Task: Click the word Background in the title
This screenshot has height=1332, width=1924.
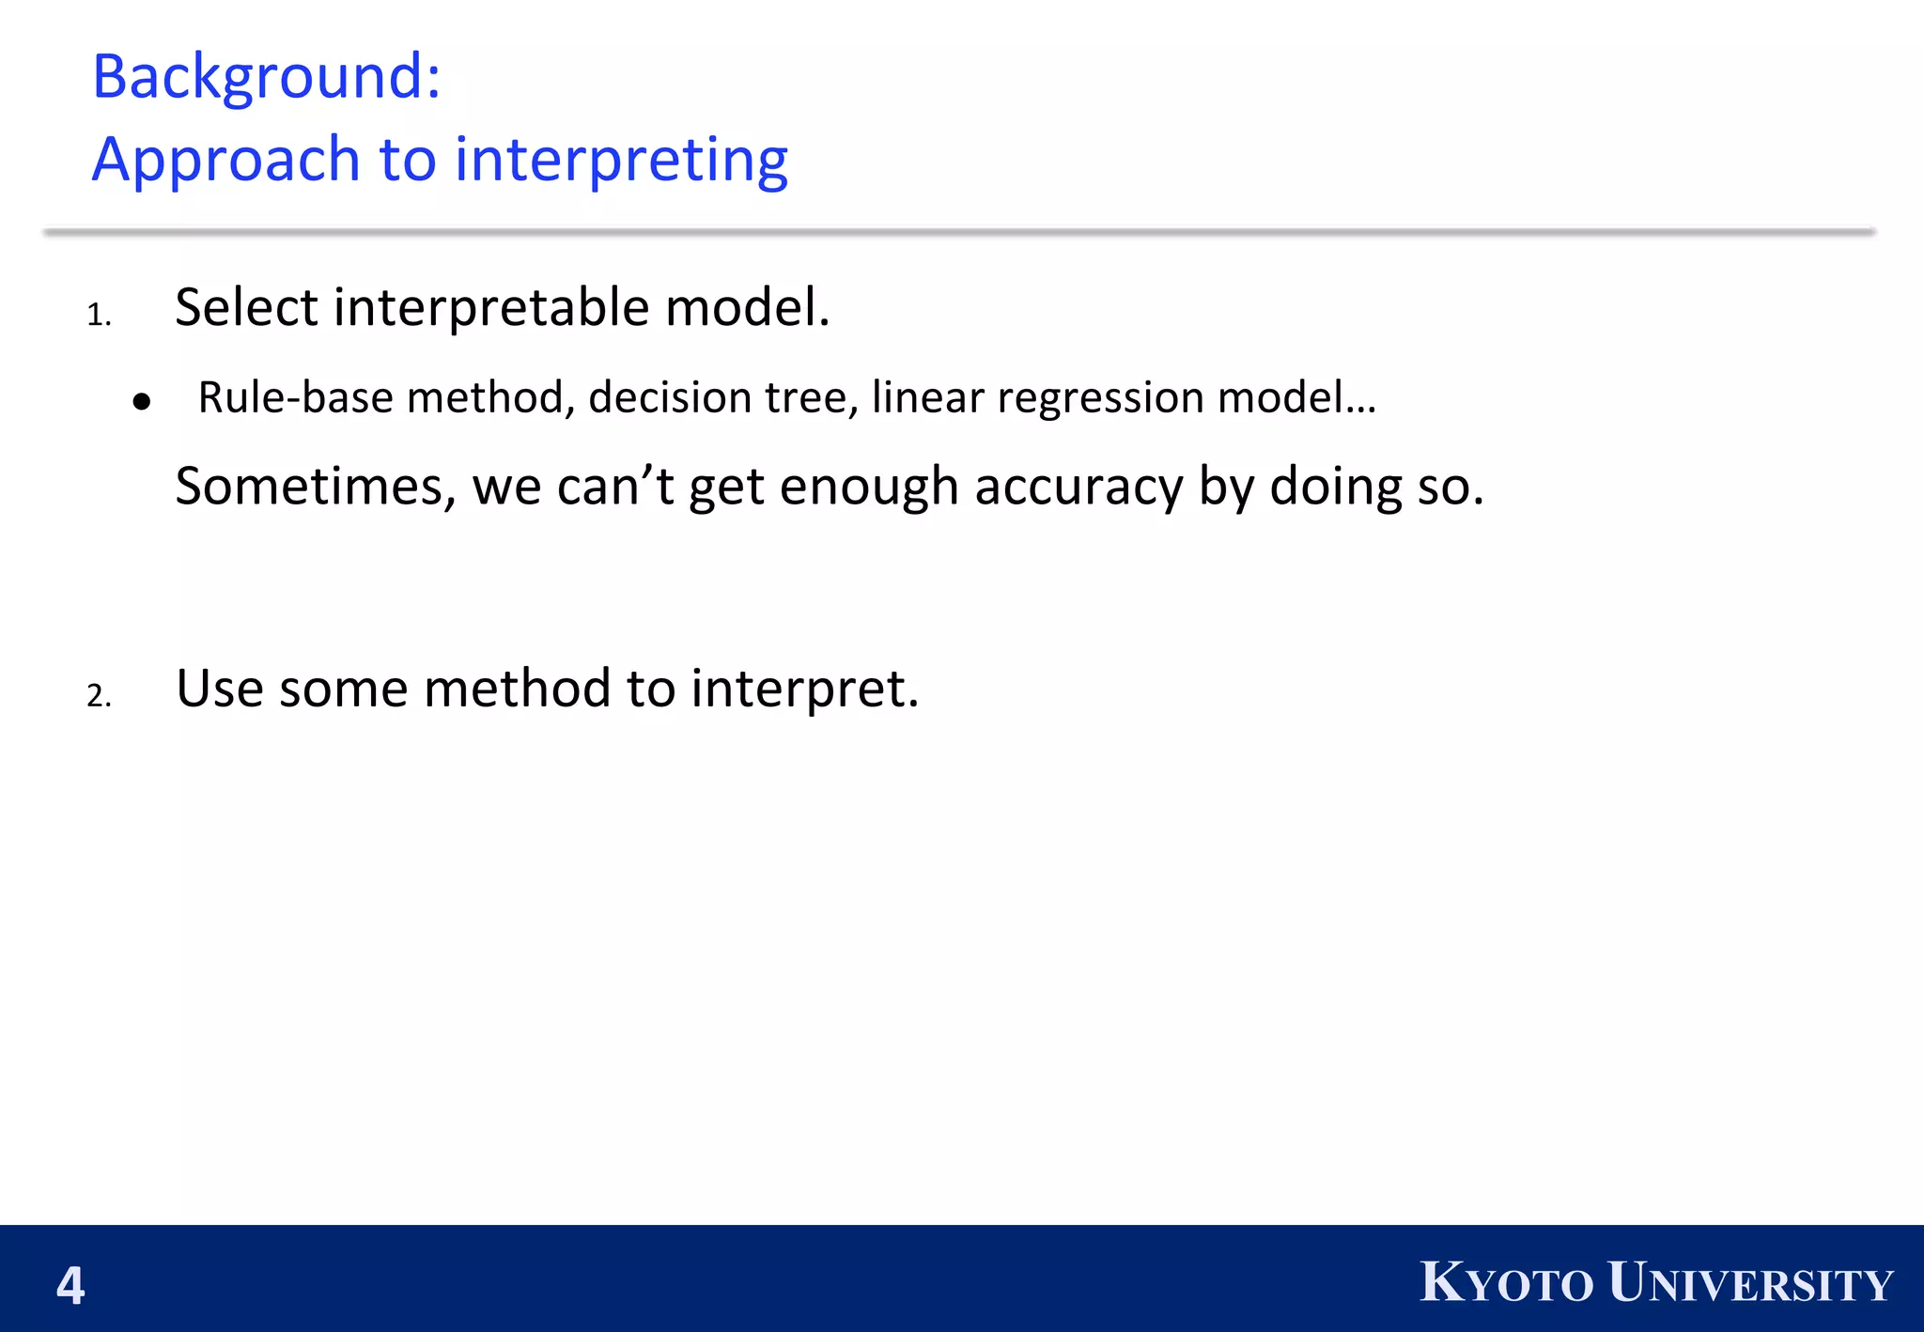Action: (x=258, y=77)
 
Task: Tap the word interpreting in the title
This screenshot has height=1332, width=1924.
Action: (x=621, y=160)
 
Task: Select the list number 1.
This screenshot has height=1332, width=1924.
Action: (x=99, y=316)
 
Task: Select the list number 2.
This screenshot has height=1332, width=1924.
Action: (x=99, y=696)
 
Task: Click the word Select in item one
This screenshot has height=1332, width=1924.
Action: (x=246, y=307)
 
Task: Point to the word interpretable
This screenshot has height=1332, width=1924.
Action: (x=491, y=309)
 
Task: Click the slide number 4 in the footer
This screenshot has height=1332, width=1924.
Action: (x=70, y=1286)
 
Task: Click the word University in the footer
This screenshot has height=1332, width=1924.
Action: (x=1749, y=1283)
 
